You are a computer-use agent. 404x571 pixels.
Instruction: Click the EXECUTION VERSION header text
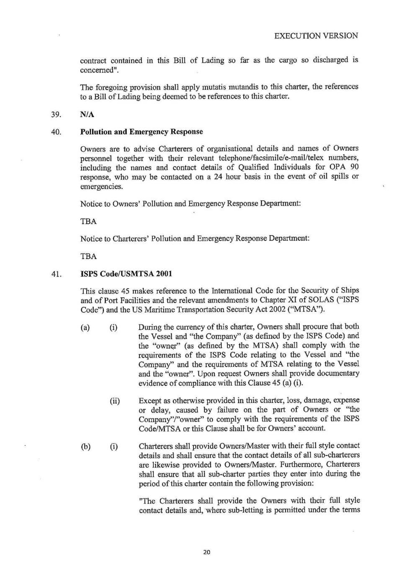pos(316,36)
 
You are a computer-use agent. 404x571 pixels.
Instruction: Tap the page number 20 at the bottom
pos(206,552)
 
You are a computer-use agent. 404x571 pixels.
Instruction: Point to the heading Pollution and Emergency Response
pos(142,132)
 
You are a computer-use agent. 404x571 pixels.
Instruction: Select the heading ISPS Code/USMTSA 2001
pos(126,274)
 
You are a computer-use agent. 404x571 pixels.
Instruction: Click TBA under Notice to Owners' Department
pos(88,221)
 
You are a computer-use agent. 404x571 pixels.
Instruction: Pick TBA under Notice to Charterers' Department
pos(88,256)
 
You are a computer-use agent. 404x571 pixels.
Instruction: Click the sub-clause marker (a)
pos(85,328)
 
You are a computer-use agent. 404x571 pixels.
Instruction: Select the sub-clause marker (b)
pos(85,446)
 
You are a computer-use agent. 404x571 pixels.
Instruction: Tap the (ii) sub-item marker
pos(115,401)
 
